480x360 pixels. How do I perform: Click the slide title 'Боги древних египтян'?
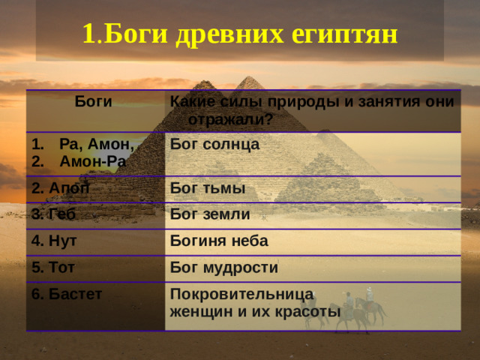pyautogui.click(x=239, y=33)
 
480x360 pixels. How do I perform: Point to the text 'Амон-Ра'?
pyautogui.click(x=93, y=160)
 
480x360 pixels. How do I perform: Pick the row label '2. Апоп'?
pyautogui.click(x=60, y=187)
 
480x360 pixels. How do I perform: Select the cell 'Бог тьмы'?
pyautogui.click(x=208, y=187)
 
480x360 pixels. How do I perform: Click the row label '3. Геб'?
pyautogui.click(x=53, y=214)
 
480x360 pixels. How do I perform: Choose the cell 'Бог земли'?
pyautogui.click(x=210, y=214)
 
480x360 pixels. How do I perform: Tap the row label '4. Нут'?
pyautogui.click(x=54, y=241)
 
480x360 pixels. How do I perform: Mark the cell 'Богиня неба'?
pyautogui.click(x=219, y=241)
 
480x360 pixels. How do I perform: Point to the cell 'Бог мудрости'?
pyautogui.click(x=224, y=268)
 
